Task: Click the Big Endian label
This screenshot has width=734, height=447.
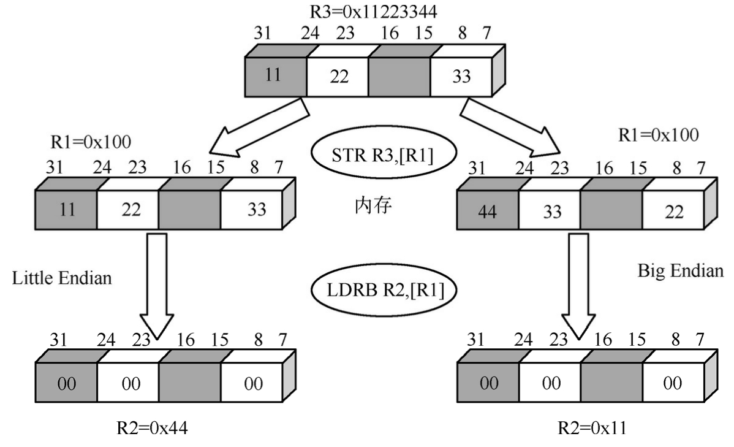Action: pyautogui.click(x=679, y=270)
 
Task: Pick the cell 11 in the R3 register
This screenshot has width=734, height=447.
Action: pyautogui.click(x=274, y=77)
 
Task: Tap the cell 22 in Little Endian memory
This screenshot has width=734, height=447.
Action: pyautogui.click(x=129, y=209)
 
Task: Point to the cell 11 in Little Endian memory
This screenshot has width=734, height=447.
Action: pyautogui.click(x=66, y=209)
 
